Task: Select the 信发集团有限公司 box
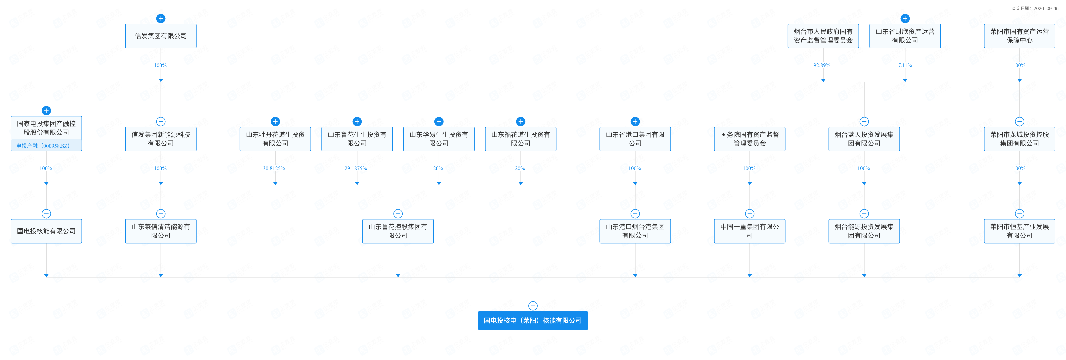tap(160, 36)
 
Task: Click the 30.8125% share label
tap(274, 168)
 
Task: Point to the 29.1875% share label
tap(356, 168)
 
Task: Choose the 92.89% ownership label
tap(822, 65)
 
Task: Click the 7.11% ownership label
tap(905, 65)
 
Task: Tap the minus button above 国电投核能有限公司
tap(46, 214)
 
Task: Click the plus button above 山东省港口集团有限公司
tap(635, 121)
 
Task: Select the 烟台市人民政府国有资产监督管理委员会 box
tap(823, 36)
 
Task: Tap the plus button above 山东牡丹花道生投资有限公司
tap(275, 121)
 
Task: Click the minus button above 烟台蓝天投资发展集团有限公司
tap(864, 121)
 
